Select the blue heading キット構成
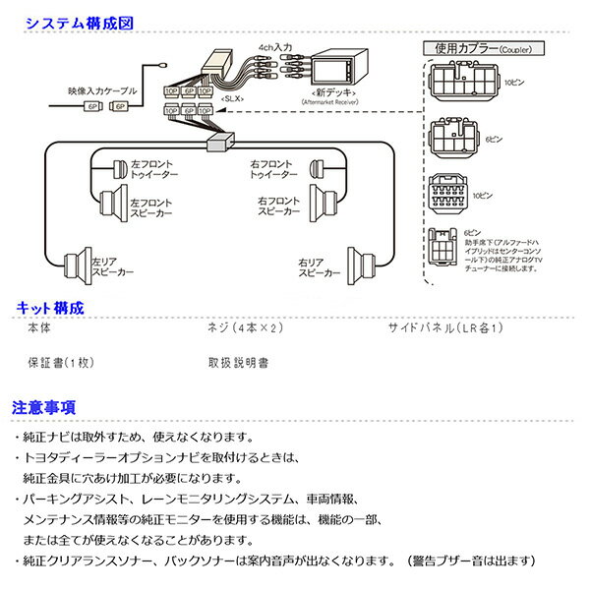click(x=50, y=309)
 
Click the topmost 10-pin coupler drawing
click(x=460, y=81)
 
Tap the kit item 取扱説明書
click(x=239, y=362)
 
